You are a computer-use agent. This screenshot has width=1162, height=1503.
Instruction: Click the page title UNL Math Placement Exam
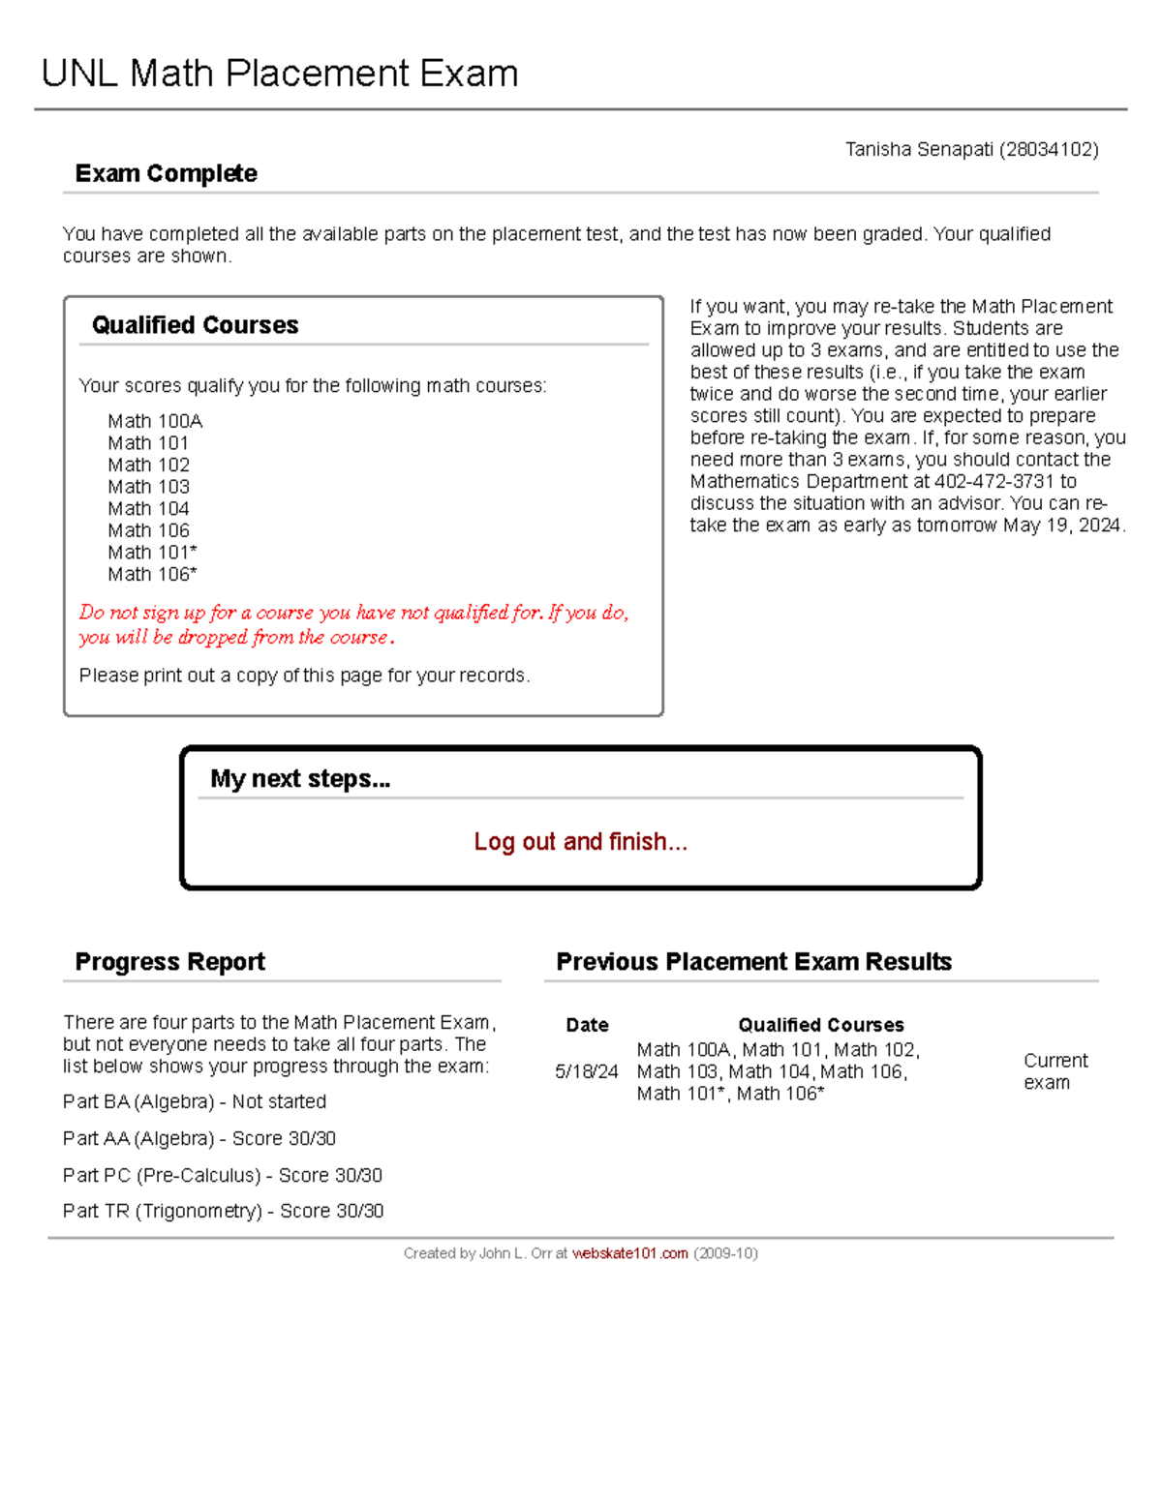(x=280, y=75)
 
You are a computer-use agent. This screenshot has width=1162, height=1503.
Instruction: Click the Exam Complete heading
(x=166, y=174)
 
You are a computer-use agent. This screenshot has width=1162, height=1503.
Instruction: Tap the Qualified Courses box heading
(x=195, y=325)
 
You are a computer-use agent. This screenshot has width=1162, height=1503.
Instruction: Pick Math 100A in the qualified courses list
(x=155, y=421)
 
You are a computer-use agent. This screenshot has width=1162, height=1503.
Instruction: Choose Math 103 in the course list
(x=148, y=487)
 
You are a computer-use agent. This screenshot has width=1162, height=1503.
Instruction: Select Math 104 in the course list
(x=148, y=509)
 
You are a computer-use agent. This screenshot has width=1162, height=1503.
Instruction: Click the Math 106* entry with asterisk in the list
(x=152, y=575)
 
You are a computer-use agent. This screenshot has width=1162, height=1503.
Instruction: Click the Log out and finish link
(x=580, y=842)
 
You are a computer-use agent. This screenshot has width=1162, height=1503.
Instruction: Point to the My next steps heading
(x=300, y=779)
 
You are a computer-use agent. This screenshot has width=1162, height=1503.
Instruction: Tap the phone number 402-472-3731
(x=994, y=482)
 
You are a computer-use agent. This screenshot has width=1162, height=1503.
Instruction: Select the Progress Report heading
(x=169, y=962)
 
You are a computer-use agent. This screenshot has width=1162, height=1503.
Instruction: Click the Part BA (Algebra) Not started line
(x=195, y=1102)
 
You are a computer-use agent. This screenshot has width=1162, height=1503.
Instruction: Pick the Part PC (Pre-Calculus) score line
(x=223, y=1176)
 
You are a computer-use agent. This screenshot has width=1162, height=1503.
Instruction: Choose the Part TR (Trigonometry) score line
(x=223, y=1212)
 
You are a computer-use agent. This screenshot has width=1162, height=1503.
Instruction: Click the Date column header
(x=587, y=1026)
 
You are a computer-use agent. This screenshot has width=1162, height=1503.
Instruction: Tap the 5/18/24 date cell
(x=586, y=1072)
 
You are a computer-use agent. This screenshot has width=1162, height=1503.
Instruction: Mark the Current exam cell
(x=1055, y=1072)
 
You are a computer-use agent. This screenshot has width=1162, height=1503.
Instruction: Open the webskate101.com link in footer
(x=629, y=1254)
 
